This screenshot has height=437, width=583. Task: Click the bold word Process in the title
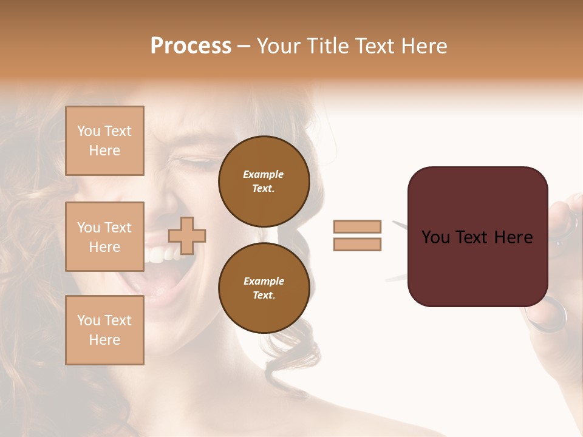coord(191,46)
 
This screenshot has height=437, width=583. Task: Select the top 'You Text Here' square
coord(104,141)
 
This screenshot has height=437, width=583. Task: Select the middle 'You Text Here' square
coord(104,237)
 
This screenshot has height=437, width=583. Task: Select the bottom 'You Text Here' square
coord(104,330)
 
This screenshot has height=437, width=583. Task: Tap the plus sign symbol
coord(187,235)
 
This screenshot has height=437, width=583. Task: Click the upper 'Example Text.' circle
coord(264,181)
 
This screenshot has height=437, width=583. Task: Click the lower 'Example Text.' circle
coord(264,288)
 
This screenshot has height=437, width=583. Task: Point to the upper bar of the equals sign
coord(357,226)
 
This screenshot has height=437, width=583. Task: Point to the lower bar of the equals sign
coord(357,244)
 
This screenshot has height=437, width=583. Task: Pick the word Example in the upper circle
coord(263,174)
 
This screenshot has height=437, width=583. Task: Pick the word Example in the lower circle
coord(264,281)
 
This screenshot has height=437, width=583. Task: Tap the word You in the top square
coord(88,131)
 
